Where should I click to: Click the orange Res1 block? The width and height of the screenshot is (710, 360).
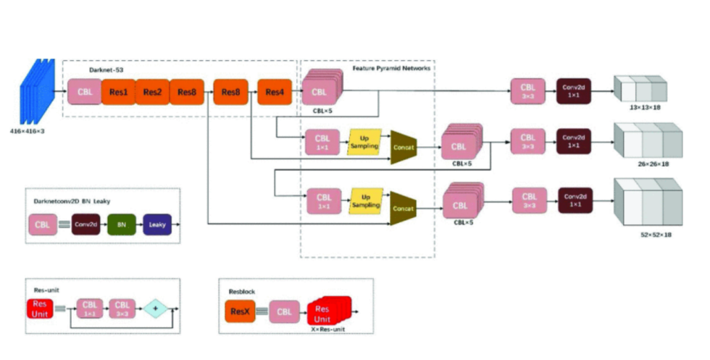pos(119,92)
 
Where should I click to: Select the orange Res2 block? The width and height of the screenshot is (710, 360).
pos(152,92)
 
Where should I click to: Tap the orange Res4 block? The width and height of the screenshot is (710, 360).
pos(274,92)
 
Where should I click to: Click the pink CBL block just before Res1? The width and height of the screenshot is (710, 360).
pos(84,92)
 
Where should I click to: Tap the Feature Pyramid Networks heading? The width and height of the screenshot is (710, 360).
pos(391,67)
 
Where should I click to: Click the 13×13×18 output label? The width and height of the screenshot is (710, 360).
pos(640,107)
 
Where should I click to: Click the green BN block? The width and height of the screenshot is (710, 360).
pos(122,225)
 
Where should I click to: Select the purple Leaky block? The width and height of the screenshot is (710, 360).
pos(157,225)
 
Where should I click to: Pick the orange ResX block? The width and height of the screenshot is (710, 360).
pos(240,312)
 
